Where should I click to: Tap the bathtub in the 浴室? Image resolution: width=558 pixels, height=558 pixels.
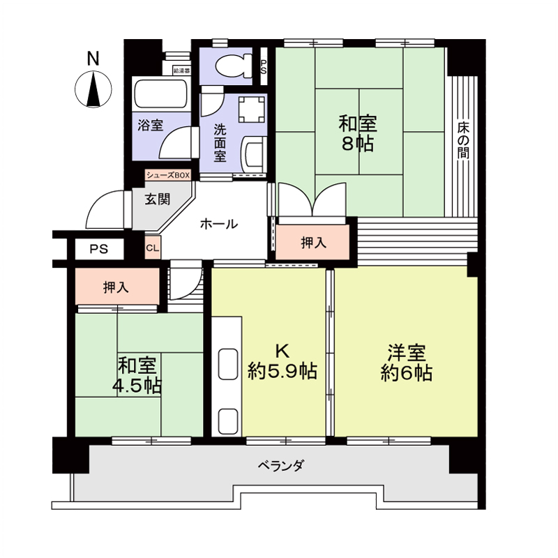[x=160, y=94]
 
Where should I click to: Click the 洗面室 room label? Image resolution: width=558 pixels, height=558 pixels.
[x=220, y=142]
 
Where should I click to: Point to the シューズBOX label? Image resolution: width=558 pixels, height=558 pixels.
[x=167, y=175]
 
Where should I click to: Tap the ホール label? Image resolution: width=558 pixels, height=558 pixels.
[x=219, y=225]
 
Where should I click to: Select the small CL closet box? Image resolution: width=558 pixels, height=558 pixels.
[x=153, y=246]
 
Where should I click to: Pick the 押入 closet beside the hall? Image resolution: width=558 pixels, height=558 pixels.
[x=313, y=243]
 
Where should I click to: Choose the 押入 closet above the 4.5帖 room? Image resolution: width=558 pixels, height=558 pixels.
[x=115, y=286]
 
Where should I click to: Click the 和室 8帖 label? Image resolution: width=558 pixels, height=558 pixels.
[x=358, y=134]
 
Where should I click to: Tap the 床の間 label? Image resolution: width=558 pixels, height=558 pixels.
[x=463, y=142]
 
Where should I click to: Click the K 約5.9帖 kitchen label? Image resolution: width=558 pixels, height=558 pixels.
[x=282, y=361]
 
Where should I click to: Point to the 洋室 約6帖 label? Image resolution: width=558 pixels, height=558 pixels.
[x=406, y=363]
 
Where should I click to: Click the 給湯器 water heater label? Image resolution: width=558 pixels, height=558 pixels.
[x=181, y=70]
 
